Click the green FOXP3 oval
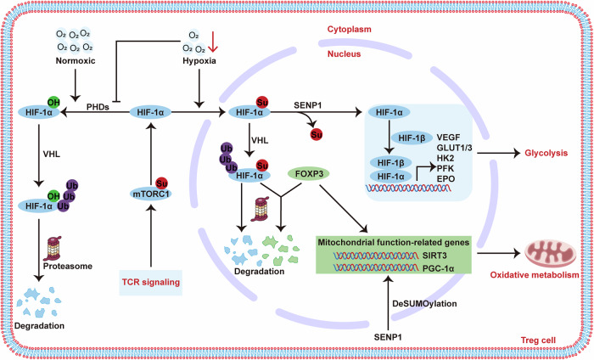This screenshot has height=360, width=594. coord(309,174)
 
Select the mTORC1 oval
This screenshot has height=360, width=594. coord(151,194)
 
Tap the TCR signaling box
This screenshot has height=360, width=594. coord(151,283)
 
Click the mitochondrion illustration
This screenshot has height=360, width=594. coord(551,253)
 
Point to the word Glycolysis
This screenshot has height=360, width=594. coord(546,153)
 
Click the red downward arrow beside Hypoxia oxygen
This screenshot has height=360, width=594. coord(213,42)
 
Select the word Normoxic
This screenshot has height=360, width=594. coord(76,60)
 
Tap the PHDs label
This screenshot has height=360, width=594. coord(98,107)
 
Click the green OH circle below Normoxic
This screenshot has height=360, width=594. coord(53,103)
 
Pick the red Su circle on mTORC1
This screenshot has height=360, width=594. coord(162,183)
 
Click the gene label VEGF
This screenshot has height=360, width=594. coord(448,138)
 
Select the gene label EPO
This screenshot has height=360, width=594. coord(445,178)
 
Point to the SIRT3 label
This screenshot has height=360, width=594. coord(434,256)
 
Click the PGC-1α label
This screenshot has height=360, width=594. coord(439,268)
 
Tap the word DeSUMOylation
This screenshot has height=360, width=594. coord(424,303)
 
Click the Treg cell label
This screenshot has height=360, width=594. coord(538,340)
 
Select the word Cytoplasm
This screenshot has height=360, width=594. coord(350,29)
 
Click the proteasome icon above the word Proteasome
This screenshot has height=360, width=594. coord(54,248)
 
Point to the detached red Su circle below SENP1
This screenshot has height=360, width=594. coord(317,134)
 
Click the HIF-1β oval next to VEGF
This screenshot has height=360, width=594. coord(412,138)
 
